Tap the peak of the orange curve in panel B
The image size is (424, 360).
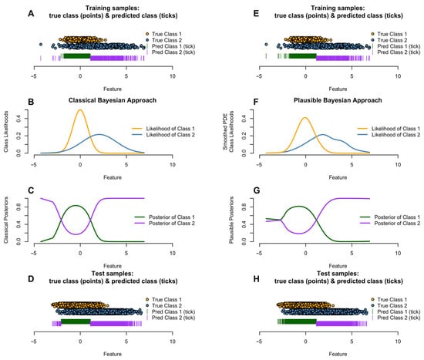(x=79, y=109)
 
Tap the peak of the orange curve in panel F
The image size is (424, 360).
(x=305, y=118)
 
